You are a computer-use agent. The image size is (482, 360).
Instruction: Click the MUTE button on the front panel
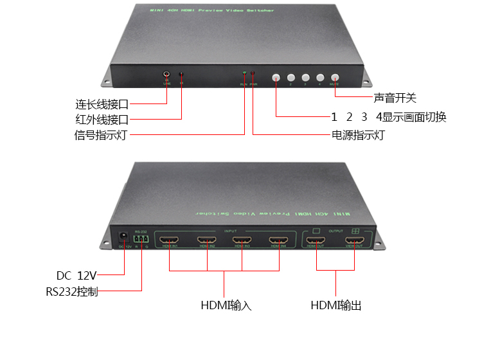click(334, 77)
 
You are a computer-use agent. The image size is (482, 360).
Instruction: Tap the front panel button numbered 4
click(319, 77)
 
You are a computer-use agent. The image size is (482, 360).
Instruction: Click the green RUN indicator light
click(244, 75)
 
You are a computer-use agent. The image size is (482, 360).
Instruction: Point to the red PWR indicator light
click(253, 75)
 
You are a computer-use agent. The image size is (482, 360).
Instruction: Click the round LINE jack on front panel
click(167, 75)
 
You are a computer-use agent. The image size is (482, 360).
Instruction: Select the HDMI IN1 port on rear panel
click(170, 240)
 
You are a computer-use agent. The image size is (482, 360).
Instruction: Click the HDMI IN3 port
click(242, 240)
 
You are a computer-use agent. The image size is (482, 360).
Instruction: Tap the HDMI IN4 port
click(278, 240)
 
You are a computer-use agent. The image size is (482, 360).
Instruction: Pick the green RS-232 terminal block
click(141, 238)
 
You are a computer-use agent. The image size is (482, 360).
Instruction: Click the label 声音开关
click(395, 98)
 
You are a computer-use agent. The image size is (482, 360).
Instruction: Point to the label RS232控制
click(72, 292)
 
